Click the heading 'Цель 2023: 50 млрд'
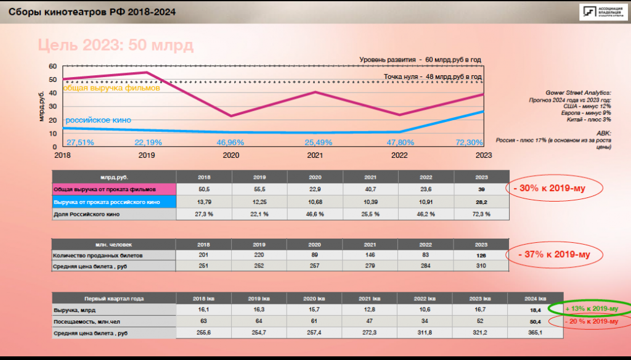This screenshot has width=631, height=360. click(x=115, y=46)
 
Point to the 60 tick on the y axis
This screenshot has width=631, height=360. click(x=52, y=66)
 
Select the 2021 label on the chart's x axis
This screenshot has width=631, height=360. click(x=315, y=155)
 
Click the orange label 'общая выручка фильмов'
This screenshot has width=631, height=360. click(x=112, y=88)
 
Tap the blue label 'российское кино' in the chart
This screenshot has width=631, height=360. click(x=99, y=120)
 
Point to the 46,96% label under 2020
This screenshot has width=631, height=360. click(x=230, y=142)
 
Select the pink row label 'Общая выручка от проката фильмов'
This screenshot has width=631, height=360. click(x=113, y=189)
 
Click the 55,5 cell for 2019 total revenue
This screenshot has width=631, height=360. click(x=259, y=189)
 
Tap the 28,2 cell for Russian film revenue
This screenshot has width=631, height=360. click(x=482, y=201)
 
